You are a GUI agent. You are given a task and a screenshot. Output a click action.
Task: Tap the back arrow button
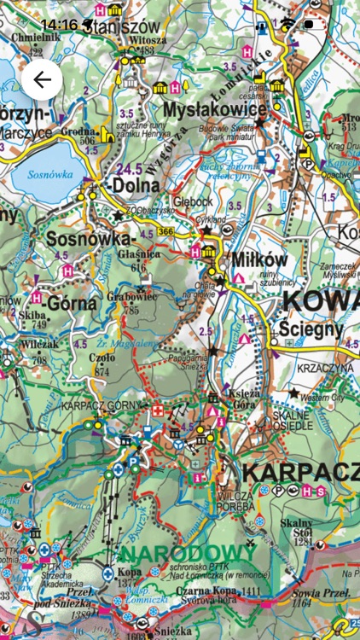pyautogui.click(x=42, y=81)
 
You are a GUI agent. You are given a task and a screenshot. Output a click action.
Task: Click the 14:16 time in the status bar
pyautogui.click(x=58, y=24)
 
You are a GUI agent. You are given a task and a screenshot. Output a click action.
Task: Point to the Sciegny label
pyautogui.click(x=310, y=329)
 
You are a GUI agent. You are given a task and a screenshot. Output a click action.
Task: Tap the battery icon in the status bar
pyautogui.click(x=312, y=24)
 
